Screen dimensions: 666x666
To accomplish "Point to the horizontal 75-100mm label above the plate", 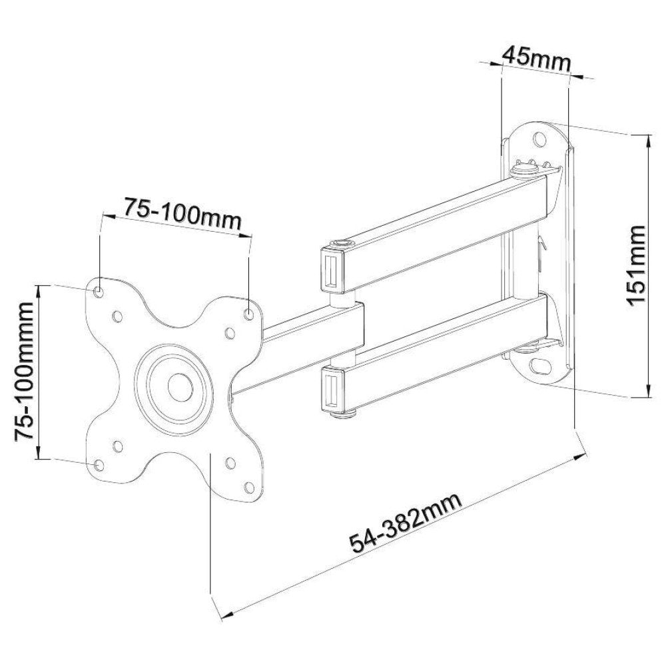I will [x=178, y=217].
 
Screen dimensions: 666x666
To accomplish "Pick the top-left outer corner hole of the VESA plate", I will [x=99, y=291].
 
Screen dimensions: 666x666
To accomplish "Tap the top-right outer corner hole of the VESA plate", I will [x=248, y=313].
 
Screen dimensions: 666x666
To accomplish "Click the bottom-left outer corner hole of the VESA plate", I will [x=99, y=465].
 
